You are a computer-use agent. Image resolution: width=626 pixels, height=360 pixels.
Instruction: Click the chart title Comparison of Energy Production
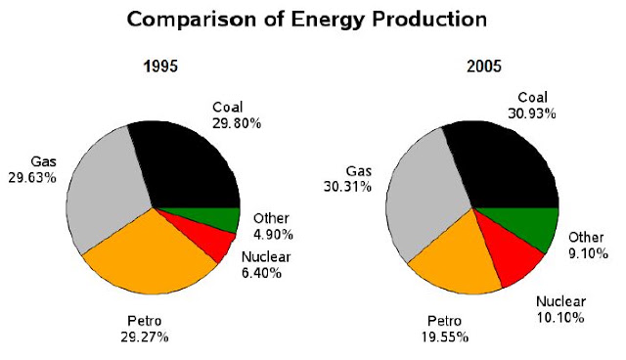[x=306, y=20]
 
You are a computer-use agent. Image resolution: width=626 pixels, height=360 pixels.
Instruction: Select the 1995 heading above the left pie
[x=160, y=67]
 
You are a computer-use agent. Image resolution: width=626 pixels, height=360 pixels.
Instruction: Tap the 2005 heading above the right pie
[x=484, y=67]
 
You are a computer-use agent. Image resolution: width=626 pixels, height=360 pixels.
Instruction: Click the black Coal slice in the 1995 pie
[x=188, y=167]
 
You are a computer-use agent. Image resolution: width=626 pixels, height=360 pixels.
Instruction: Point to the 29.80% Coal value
[x=237, y=123]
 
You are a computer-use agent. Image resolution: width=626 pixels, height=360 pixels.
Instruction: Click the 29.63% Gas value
[x=32, y=178]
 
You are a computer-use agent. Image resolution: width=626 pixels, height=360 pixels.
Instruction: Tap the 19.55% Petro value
[x=445, y=337]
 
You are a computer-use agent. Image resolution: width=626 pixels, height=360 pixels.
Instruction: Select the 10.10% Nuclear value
[x=560, y=318]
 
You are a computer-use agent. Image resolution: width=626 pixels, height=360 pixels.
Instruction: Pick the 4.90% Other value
[x=273, y=235]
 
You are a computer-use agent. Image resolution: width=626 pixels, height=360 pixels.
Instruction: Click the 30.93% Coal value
[x=532, y=113]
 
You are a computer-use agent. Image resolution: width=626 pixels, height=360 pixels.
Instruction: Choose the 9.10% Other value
[x=589, y=253]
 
